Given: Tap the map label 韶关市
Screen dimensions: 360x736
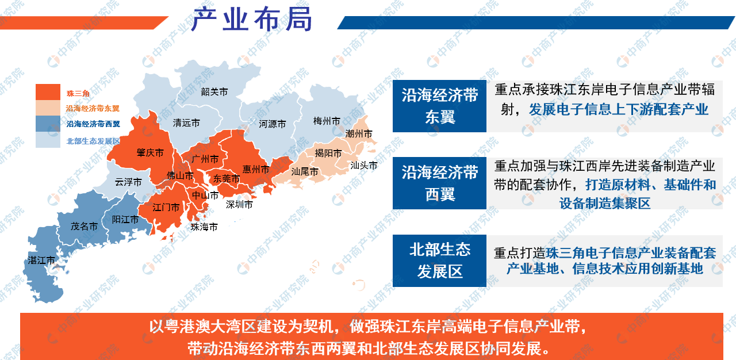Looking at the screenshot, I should point(214,91).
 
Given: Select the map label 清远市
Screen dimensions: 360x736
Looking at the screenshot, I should point(187,123).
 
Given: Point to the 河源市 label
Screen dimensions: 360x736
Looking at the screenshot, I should point(272,124).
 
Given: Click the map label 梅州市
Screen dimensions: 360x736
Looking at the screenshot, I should point(327,121).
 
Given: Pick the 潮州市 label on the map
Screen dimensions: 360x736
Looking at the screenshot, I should point(359,134).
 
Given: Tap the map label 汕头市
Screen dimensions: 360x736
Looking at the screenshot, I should point(364,166).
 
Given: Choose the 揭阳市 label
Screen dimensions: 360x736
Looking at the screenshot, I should point(328,153).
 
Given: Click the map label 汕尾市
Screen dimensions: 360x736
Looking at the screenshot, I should point(305,171).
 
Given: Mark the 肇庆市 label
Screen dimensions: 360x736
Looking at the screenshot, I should point(150,153).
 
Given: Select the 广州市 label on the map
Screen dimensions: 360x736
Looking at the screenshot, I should point(205,159).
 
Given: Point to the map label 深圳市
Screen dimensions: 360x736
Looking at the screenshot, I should point(239,204).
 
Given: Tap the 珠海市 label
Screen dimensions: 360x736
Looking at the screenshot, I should point(204,227).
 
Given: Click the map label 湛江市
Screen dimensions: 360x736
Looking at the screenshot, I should point(41,261).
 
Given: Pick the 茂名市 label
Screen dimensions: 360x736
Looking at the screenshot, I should point(84,227).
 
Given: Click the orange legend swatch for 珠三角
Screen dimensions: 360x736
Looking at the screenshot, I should point(48,93).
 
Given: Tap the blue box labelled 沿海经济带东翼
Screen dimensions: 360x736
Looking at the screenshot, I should point(439,106).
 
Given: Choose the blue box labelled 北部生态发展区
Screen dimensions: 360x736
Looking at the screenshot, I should point(439,261).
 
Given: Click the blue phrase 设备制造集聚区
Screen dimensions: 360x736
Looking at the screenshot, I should point(604,204).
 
